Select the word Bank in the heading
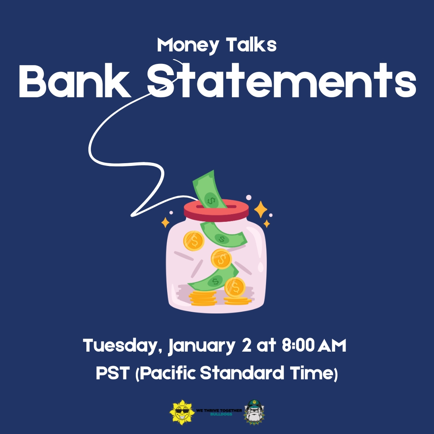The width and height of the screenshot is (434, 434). [75, 80]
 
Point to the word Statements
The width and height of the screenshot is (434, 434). [281, 80]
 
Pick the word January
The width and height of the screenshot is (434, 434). [202, 346]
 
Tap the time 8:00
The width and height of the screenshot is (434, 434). [298, 345]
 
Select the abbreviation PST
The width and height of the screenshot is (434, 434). [113, 373]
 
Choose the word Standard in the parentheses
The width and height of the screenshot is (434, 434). [242, 373]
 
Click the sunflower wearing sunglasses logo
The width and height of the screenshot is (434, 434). [182, 412]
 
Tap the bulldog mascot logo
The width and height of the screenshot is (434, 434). [254, 412]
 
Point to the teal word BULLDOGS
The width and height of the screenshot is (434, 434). [221, 414]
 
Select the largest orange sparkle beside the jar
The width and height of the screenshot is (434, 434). [260, 209]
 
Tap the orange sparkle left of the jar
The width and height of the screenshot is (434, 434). [165, 223]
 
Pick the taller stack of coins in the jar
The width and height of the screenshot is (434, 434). [203, 298]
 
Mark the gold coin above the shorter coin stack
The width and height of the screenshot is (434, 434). [235, 287]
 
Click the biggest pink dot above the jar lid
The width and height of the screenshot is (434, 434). [249, 197]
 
